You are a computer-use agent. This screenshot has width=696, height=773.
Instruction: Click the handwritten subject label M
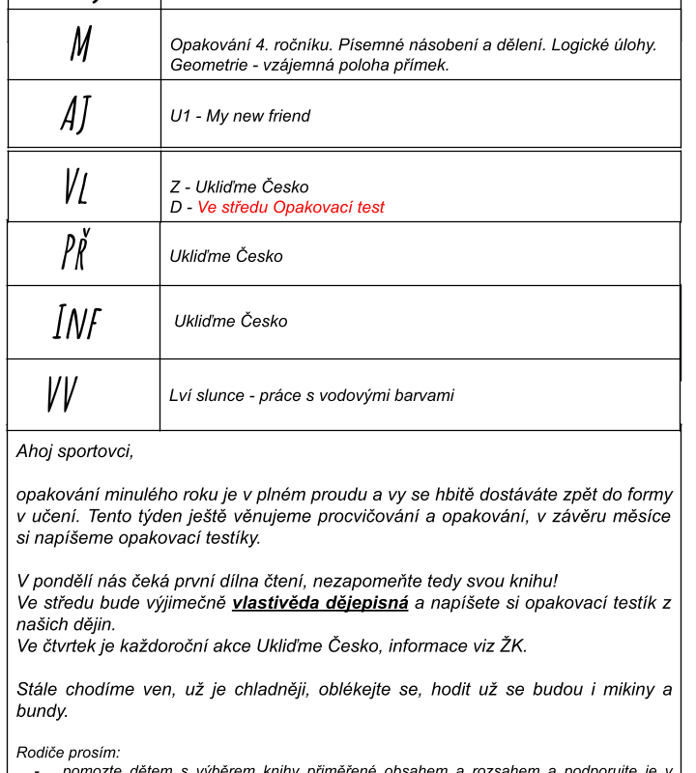coord(80,44)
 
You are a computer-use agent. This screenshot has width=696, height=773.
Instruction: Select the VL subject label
coord(75,186)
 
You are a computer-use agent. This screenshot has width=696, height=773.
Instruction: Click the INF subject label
coord(76,322)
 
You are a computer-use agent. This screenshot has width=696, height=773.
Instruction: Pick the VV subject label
coord(62,394)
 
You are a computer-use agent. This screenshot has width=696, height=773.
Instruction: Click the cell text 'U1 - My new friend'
coord(240,116)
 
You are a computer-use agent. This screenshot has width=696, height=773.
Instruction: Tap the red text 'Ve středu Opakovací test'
coord(291,207)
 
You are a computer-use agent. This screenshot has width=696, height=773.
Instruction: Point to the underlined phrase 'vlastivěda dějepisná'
coord(320,603)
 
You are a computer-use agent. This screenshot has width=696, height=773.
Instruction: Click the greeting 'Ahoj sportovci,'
coord(75,451)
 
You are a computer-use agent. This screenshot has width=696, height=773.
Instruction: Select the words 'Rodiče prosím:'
coord(69,752)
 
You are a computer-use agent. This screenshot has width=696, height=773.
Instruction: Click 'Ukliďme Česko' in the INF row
coord(231,321)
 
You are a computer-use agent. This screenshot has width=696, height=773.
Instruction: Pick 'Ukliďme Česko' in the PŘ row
coord(226,256)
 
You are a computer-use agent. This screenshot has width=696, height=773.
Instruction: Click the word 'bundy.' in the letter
coord(43,711)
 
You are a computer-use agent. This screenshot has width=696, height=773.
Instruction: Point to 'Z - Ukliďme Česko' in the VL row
coord(239,186)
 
